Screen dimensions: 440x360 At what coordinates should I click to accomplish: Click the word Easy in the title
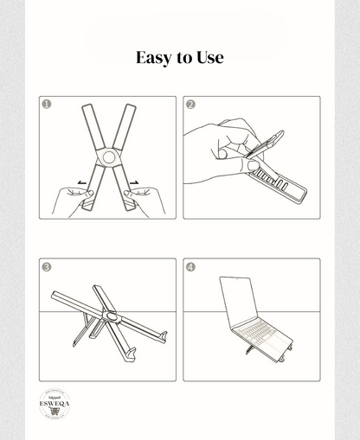pos(154,58)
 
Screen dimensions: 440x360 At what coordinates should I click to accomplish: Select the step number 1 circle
pos(47,105)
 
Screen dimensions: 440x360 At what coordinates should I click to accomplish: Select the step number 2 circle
pos(191,105)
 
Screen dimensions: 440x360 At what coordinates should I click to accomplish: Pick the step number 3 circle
pos(47,267)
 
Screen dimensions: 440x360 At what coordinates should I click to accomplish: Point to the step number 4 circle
pos(191,267)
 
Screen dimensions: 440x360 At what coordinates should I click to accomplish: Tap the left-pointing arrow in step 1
pos(80,182)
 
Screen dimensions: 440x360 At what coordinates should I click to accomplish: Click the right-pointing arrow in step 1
pos(136,182)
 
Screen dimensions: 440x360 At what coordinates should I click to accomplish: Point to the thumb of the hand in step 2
pos(227,153)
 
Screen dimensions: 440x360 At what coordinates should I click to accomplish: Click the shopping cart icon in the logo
pos(54,412)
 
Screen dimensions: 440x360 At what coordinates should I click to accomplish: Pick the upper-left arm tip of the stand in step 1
pos(86,107)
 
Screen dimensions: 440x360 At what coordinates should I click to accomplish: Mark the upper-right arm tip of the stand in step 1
pos(131,107)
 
